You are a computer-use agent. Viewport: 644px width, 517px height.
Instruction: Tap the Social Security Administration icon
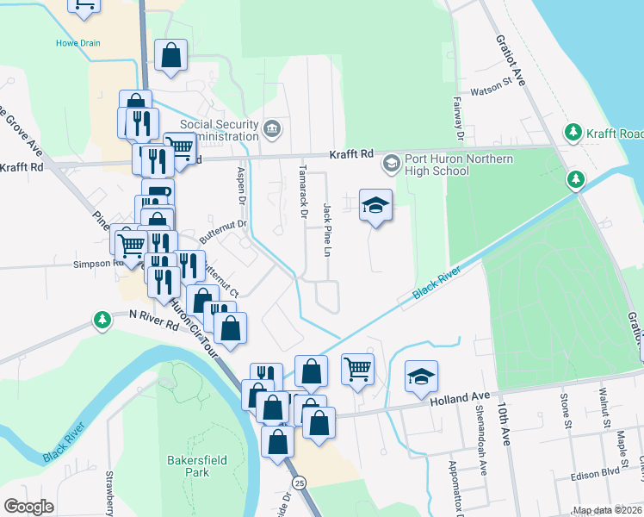click(x=273, y=129)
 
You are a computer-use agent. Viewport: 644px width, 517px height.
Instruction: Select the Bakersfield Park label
click(x=199, y=466)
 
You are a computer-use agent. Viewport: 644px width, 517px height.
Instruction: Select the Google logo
click(x=28, y=506)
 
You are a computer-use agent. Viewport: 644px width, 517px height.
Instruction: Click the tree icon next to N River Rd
click(x=102, y=321)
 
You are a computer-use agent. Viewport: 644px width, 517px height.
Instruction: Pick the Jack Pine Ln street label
click(x=327, y=230)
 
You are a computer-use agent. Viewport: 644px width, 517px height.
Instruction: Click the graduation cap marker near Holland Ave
click(x=422, y=376)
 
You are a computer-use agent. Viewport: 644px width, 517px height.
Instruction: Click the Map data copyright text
click(x=607, y=510)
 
